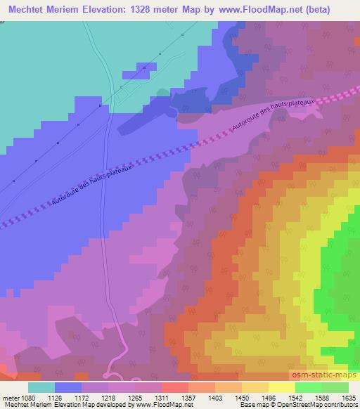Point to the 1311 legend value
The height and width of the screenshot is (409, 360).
[x=161, y=396]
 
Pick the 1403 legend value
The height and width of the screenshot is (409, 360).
[x=214, y=396]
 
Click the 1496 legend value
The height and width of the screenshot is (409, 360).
[x=267, y=396]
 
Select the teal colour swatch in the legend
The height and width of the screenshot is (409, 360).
[x=41, y=387]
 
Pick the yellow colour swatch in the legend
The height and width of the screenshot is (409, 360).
[x=281, y=387]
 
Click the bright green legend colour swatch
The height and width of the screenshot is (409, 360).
[x=308, y=387]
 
